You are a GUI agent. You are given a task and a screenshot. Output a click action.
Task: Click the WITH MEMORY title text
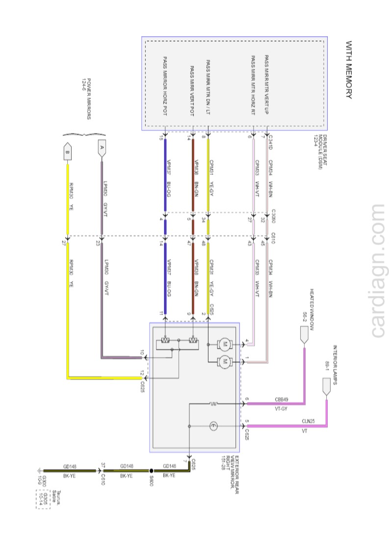click(349, 70)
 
